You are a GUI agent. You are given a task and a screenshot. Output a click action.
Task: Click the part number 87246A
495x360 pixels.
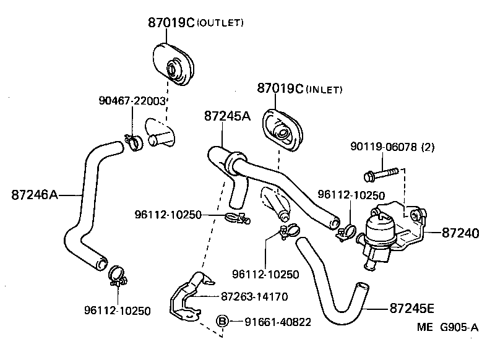click(34, 195)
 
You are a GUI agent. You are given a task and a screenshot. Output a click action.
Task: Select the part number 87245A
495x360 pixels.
click(227, 116)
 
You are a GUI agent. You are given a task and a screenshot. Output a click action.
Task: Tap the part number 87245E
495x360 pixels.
click(412, 307)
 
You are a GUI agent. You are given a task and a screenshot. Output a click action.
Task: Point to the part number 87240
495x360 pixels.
click(460, 233)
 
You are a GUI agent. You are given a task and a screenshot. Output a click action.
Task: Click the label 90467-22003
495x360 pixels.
click(132, 101)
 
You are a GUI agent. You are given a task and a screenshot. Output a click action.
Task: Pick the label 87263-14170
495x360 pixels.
click(254, 297)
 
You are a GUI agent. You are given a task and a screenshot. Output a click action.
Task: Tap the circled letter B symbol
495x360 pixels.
click(223, 321)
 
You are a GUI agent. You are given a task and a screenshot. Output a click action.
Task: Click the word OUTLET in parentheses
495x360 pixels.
click(220, 24)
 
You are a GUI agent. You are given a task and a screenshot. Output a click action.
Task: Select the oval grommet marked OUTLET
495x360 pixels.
click(173, 62)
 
